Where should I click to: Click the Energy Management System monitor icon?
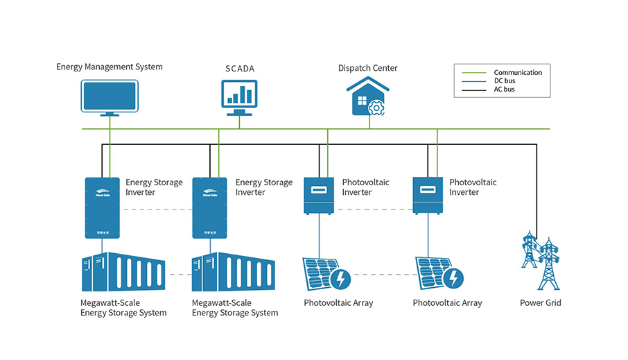pyautogui.click(x=110, y=98)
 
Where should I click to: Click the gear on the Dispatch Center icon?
pyautogui.click(x=376, y=107)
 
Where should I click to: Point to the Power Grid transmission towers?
pyautogui.click(x=540, y=259)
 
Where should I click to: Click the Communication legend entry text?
pyautogui.click(x=518, y=72)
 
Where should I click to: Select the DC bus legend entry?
pyautogui.click(x=505, y=80)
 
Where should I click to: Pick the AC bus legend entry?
pyautogui.click(x=505, y=89)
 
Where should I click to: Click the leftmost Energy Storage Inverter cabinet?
pyautogui.click(x=103, y=207)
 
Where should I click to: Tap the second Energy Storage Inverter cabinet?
pyautogui.click(x=210, y=207)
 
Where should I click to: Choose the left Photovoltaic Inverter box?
pyautogui.click(x=320, y=195)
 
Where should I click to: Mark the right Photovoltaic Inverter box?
pyautogui.click(x=428, y=195)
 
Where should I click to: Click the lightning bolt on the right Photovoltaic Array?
pyautogui.click(x=453, y=279)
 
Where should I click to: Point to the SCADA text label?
pyautogui.click(x=239, y=69)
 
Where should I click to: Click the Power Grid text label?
pyautogui.click(x=541, y=303)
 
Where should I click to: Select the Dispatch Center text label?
pyautogui.click(x=367, y=68)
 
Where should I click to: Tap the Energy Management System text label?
pyautogui.click(x=110, y=67)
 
